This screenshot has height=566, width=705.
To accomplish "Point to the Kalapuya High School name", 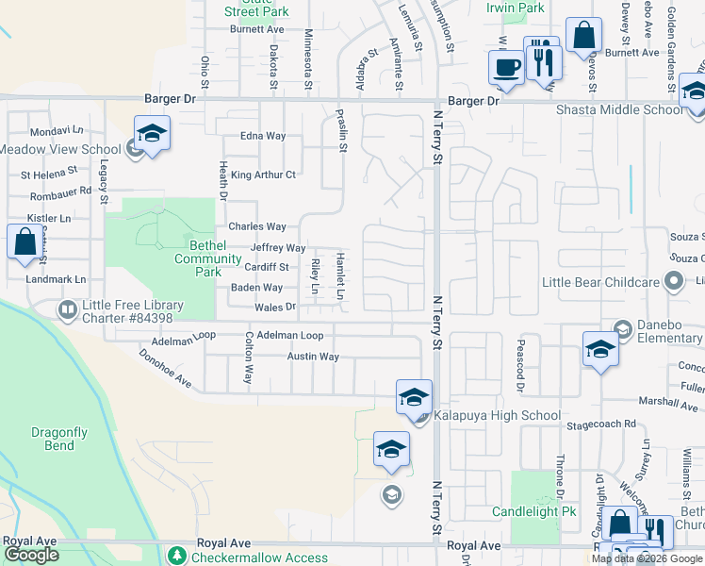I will (497, 415).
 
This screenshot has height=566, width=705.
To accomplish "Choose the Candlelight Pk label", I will (533, 512).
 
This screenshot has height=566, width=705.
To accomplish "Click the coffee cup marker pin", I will (506, 68).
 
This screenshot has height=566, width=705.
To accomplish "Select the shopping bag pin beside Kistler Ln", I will (24, 241).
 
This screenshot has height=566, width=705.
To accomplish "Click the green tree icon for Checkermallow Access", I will (176, 557).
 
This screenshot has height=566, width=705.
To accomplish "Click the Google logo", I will (31, 555).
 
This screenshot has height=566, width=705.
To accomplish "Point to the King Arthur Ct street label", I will (263, 175).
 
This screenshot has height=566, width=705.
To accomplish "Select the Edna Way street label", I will (263, 136).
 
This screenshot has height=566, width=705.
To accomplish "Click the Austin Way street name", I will (313, 357).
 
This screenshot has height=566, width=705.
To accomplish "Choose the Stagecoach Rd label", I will (596, 424).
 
